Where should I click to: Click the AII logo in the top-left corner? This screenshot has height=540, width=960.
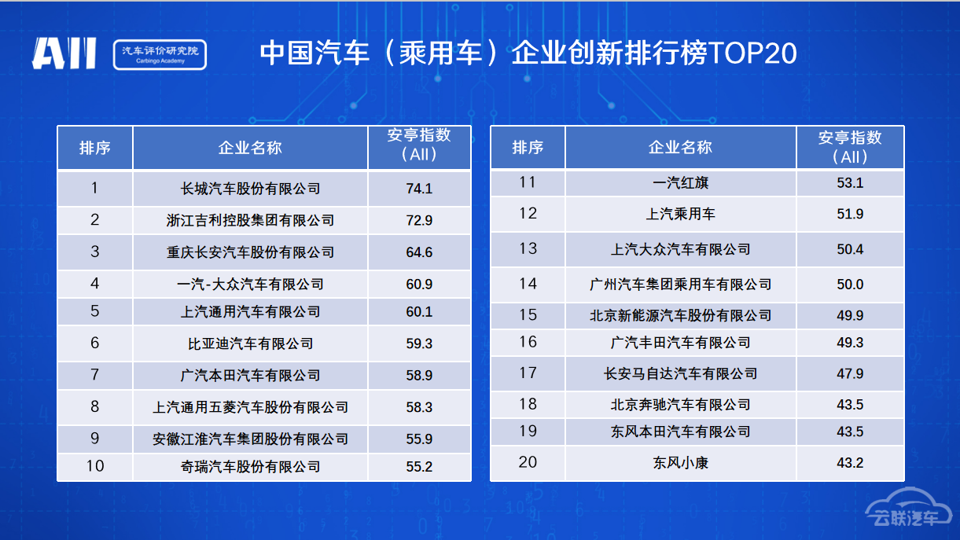coord(64,53)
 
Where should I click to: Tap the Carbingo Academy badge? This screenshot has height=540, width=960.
coord(160,54)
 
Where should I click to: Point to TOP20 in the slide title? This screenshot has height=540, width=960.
coord(752,53)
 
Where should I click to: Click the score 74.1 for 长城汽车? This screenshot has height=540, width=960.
coord(419,189)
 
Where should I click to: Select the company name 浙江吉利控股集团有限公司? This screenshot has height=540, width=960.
coord(250,220)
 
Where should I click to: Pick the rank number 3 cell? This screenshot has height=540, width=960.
coord(94,252)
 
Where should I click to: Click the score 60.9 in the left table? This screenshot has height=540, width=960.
coord(419,284)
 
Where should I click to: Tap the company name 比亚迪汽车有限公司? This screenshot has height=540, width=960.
coord(250,343)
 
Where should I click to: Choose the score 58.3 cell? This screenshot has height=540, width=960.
coord(419,407)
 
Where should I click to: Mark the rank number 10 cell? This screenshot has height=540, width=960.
coord(94,466)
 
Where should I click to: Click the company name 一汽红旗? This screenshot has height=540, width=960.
coord(680,183)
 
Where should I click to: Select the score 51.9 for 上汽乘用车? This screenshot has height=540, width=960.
coord(850,214)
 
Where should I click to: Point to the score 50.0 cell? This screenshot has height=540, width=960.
coord(850,284)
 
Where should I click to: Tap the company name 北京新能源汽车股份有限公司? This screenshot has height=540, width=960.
coord(680,315)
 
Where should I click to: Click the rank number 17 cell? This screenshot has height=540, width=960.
coord(528,373)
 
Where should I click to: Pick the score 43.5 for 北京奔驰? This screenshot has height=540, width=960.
coord(850,405)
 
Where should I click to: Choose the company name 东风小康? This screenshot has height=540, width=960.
coord(680,463)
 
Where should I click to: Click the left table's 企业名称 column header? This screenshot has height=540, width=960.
coord(250,148)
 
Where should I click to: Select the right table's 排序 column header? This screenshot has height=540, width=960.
coord(528,148)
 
